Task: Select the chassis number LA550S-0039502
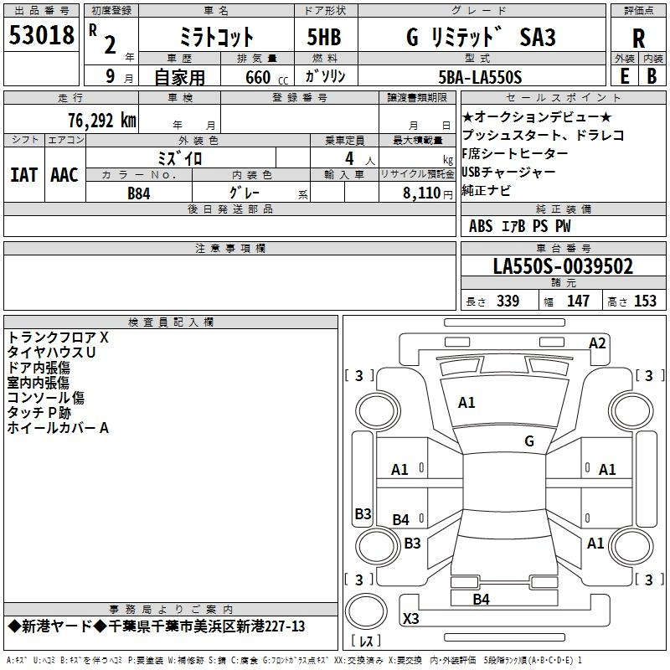(x=563, y=267)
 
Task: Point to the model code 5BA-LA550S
(x=480, y=77)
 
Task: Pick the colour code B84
(x=139, y=193)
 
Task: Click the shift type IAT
(x=23, y=174)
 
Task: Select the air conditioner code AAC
(x=64, y=174)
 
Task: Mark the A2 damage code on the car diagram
(x=597, y=343)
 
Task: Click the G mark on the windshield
(x=528, y=441)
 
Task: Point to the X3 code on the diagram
(x=411, y=619)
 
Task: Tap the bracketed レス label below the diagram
(x=367, y=642)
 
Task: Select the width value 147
(x=578, y=301)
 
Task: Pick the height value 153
(x=645, y=301)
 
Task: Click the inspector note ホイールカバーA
(x=59, y=428)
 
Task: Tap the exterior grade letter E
(x=624, y=75)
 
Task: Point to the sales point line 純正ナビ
(x=486, y=190)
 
